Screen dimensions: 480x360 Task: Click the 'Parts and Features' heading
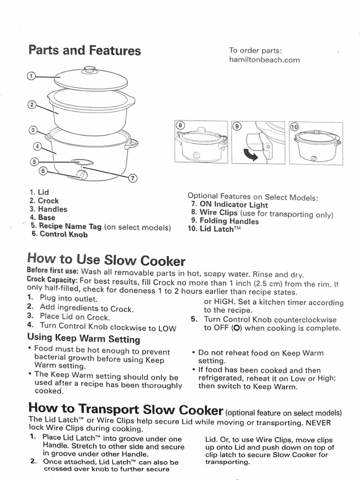coord(84,50)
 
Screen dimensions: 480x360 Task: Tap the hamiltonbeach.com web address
coord(264,60)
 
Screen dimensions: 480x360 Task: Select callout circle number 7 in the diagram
coord(132,178)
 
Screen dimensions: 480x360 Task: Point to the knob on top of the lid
coord(89,70)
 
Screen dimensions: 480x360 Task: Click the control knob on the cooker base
coord(82,175)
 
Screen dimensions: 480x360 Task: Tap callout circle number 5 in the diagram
coord(33,162)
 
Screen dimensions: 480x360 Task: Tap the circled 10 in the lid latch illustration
coord(294,127)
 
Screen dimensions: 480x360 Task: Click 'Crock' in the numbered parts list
coord(48,201)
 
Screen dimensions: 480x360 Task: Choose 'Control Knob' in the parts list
coord(63,234)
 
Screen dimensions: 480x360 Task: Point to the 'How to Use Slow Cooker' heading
coord(106,260)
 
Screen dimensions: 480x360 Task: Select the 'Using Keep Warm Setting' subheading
coord(83,338)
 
